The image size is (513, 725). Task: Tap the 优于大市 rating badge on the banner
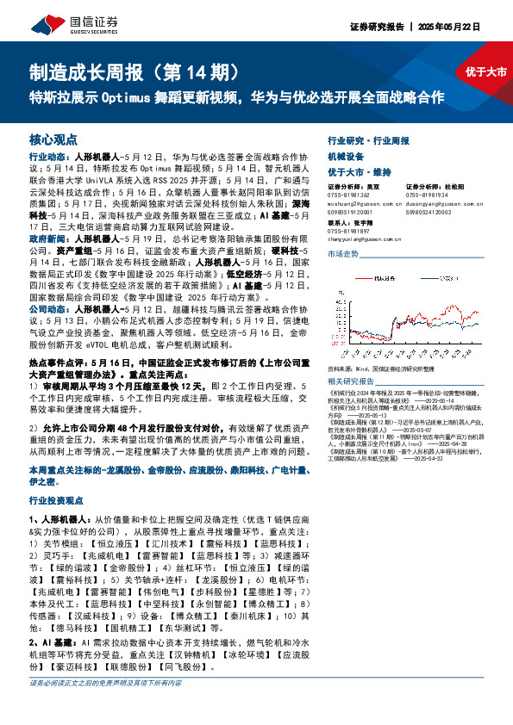(x=485, y=71)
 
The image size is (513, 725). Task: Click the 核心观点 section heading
(x=53, y=139)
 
